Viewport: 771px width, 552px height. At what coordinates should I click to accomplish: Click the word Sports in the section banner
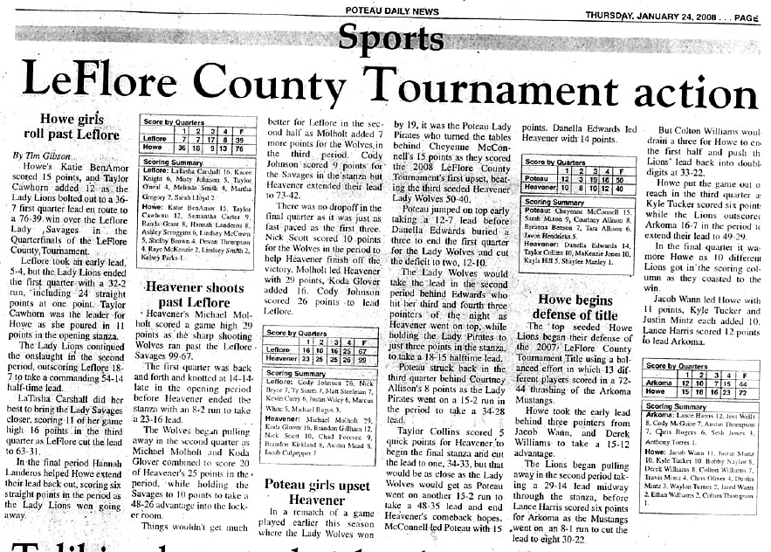[395, 38]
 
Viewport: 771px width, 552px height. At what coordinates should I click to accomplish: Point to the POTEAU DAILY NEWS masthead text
[392, 10]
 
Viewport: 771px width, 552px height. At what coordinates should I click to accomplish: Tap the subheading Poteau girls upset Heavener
[316, 492]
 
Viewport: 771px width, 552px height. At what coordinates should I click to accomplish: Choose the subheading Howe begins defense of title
[577, 307]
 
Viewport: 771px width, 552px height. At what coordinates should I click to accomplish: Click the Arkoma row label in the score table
[660, 383]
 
